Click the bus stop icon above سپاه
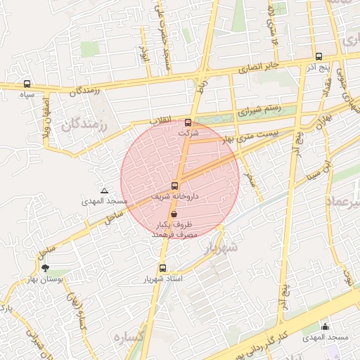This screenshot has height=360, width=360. [27, 84]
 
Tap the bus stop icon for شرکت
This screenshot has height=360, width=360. [187, 122]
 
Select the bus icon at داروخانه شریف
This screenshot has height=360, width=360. [174, 186]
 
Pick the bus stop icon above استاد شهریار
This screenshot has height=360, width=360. [162, 268]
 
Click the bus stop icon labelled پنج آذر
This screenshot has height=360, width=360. [319, 56]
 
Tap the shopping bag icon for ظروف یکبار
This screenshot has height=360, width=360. [174, 213]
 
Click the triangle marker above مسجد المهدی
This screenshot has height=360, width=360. [105, 191]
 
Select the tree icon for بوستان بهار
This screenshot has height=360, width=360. [46, 267]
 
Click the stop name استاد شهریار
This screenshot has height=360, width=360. [162, 279]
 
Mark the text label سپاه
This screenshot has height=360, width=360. [27, 94]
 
